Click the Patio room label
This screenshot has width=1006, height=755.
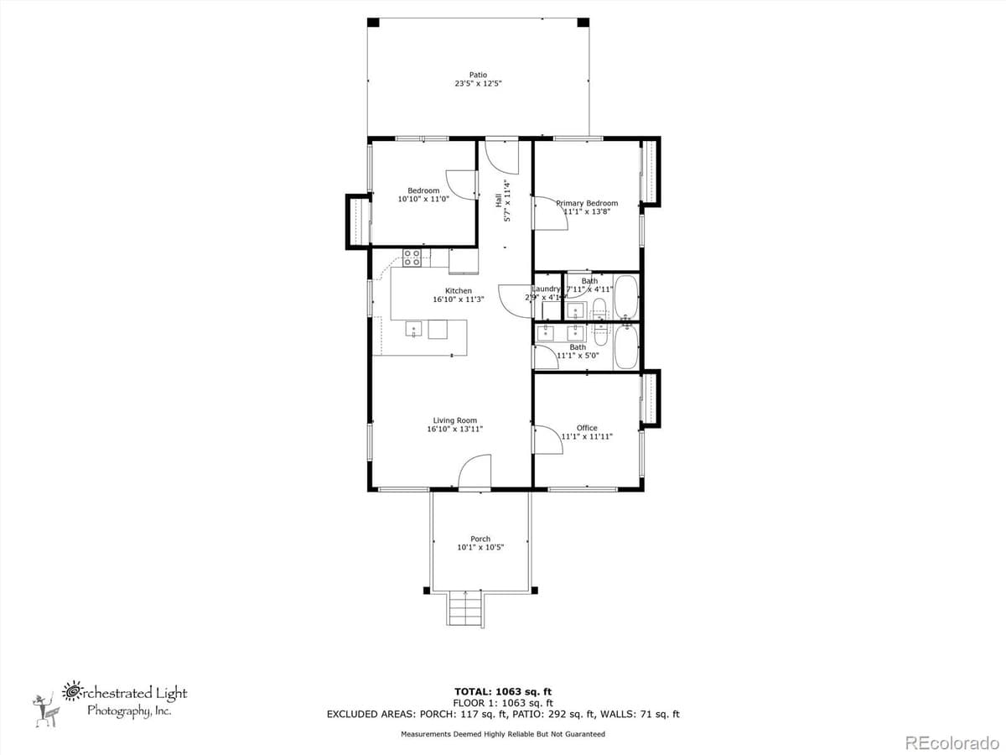478,75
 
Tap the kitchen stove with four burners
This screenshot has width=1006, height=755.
412,258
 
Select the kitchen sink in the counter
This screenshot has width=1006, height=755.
413,329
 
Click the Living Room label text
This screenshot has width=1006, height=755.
454,420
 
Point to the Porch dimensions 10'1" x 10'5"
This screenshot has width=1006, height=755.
480,547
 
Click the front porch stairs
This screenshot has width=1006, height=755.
465,608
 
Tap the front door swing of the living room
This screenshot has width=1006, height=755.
474,472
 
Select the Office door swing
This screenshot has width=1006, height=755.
547,440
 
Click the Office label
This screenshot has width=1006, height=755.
587,428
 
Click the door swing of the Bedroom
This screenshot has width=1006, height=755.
461,184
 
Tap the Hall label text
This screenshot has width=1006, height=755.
498,200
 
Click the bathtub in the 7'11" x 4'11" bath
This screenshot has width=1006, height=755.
626,298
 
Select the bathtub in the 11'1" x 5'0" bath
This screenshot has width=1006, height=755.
626,348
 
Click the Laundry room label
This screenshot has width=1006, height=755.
545,289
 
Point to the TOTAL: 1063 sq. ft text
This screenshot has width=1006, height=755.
502,691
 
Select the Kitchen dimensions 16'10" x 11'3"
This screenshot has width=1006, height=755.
459,299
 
